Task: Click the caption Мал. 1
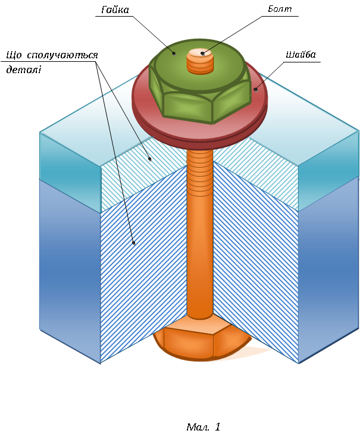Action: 203,427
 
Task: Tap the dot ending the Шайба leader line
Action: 256,89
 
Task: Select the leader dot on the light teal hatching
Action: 151,159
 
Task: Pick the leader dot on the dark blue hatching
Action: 134,243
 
